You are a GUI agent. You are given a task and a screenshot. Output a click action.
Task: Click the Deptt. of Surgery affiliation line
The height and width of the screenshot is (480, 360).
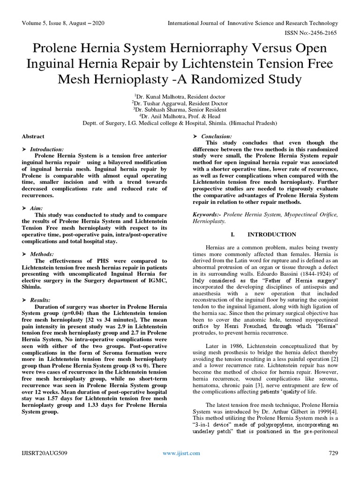pyautogui.click(x=180, y=123)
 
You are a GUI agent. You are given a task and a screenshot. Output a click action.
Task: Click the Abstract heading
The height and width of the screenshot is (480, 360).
pyautogui.click(x=33, y=136)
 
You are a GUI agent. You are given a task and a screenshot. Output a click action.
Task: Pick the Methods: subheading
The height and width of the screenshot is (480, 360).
pyautogui.click(x=41, y=254)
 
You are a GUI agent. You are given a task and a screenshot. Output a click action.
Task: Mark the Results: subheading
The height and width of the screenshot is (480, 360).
pyautogui.click(x=40, y=300)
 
